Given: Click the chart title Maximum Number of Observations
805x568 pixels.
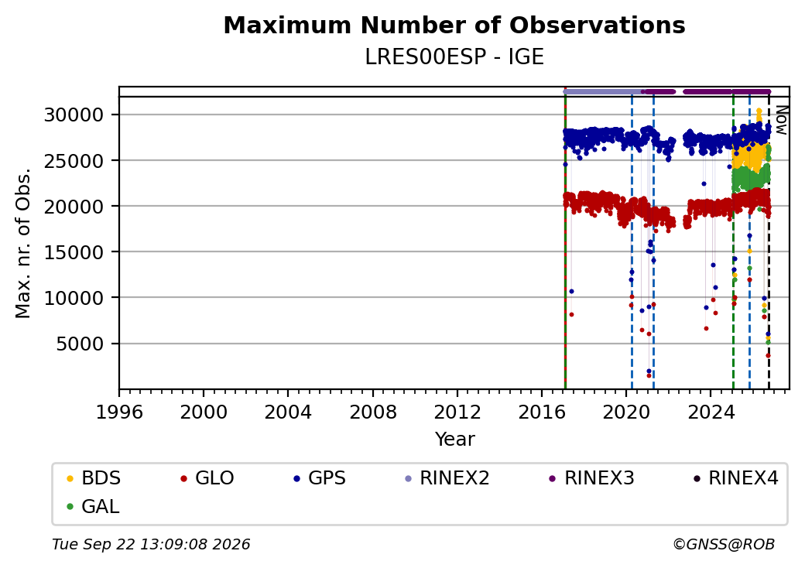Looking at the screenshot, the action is (x=454, y=25).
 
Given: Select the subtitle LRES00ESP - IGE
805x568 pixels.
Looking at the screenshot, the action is (x=454, y=57).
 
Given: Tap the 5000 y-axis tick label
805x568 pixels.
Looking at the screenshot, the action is (x=80, y=344).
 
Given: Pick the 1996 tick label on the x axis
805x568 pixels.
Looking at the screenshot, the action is (x=119, y=412).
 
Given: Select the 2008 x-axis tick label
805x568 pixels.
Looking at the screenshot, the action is (x=373, y=412).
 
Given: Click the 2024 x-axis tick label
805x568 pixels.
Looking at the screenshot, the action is (x=711, y=412).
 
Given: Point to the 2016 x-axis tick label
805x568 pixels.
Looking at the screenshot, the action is (x=542, y=412).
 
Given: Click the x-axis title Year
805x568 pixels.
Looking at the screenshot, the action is (x=455, y=440).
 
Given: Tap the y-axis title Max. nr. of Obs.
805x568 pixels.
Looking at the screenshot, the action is (x=23, y=243).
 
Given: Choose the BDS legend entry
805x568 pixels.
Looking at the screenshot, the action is (x=94, y=478).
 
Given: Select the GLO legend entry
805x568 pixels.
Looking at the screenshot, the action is (x=207, y=478).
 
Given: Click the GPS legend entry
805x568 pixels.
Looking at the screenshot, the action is (x=320, y=478).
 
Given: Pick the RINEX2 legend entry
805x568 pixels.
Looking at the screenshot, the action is (x=447, y=478).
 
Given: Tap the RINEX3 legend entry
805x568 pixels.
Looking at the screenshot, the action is (x=591, y=478).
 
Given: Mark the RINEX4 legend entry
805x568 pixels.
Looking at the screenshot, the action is (x=735, y=478).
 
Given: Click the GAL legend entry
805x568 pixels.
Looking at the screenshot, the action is (x=93, y=506).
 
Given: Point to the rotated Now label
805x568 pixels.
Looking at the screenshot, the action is (x=781, y=120).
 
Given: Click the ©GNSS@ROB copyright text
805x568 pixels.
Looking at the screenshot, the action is (x=724, y=544).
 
